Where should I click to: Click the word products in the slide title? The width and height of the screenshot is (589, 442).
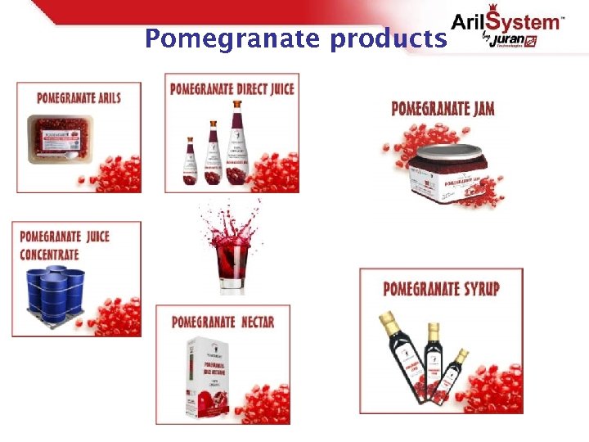(389, 38)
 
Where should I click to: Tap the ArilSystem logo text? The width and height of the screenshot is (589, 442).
(508, 21)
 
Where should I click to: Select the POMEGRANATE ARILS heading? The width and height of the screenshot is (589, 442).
(79, 98)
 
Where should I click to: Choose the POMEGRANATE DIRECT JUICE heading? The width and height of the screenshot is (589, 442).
(232, 88)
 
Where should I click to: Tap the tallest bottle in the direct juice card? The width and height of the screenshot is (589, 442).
(236, 144)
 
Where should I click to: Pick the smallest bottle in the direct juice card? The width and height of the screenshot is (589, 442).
(190, 160)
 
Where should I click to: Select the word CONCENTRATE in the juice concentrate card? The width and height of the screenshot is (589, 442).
(50, 254)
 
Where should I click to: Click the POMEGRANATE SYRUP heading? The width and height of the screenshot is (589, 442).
(441, 288)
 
